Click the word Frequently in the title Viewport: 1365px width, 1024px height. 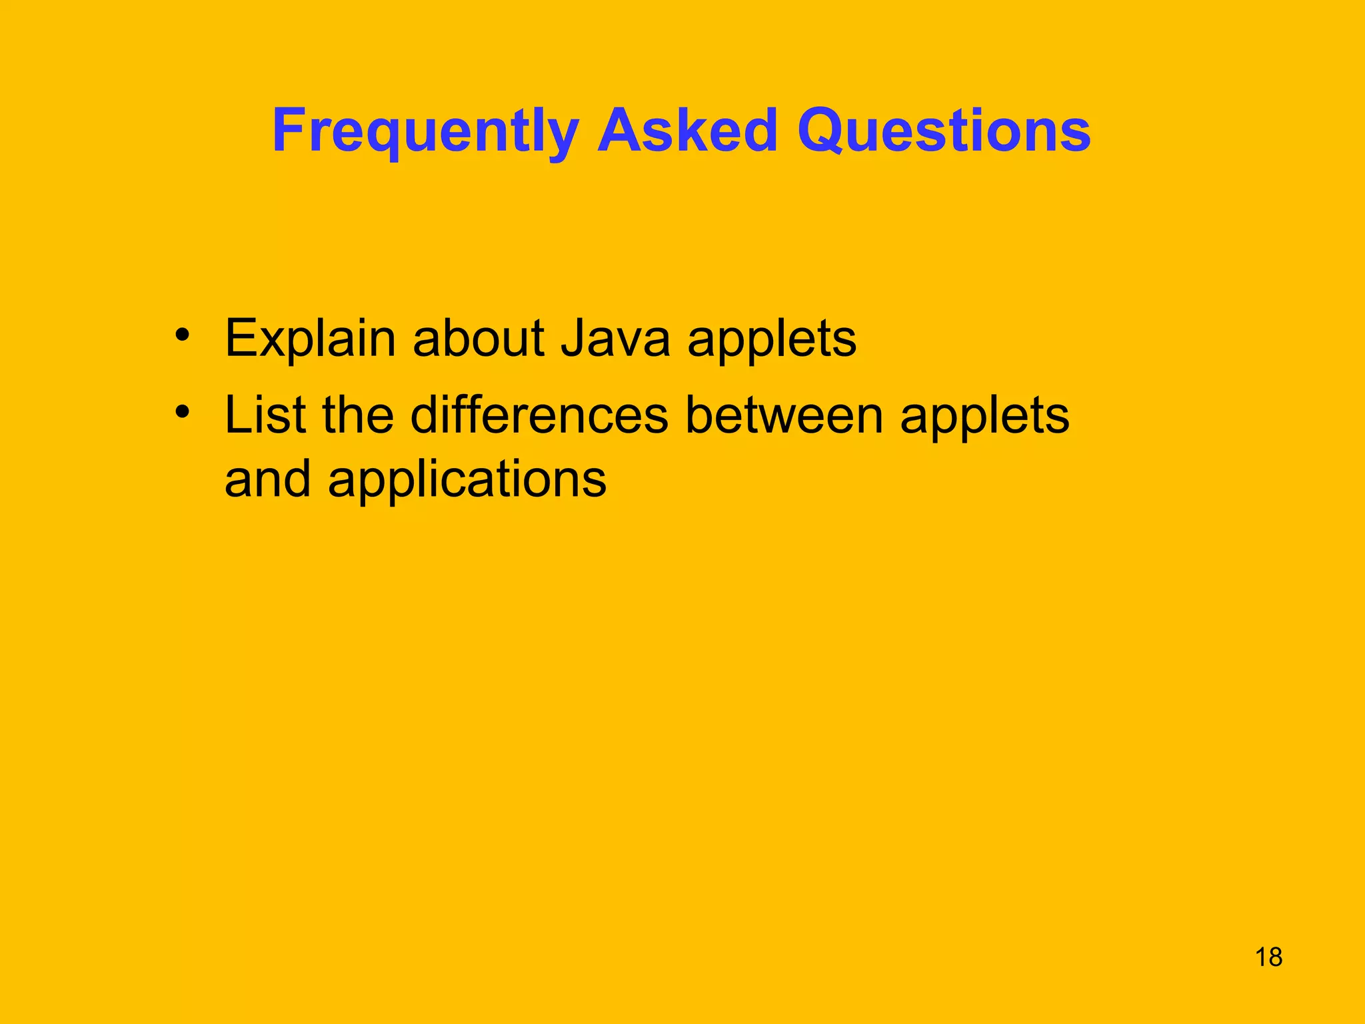click(x=425, y=131)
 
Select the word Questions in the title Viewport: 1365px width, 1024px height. click(x=944, y=131)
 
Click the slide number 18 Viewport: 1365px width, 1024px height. click(x=1268, y=957)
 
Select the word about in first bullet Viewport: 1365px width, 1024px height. click(x=479, y=339)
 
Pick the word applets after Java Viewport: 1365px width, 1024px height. click(x=771, y=340)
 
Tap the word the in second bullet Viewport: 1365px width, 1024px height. click(x=358, y=415)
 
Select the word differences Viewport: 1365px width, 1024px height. click(x=539, y=415)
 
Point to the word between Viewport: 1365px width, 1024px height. click(x=784, y=415)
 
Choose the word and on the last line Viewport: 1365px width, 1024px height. click(x=267, y=479)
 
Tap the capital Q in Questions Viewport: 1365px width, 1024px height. click(x=821, y=131)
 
